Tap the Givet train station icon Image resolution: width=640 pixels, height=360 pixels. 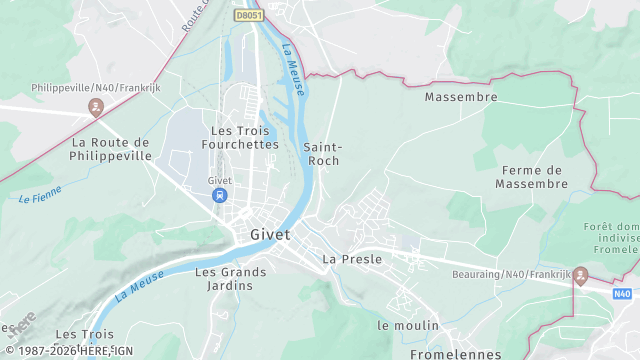(x=218, y=196)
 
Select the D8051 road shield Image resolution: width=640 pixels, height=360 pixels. (x=248, y=15)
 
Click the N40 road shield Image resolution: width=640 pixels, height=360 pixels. (x=622, y=294)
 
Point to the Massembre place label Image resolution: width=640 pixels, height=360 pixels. (x=461, y=98)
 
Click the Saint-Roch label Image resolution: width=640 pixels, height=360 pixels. (x=321, y=153)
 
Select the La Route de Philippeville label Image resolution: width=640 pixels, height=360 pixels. (x=111, y=149)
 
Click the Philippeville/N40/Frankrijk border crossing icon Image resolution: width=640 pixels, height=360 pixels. (x=95, y=106)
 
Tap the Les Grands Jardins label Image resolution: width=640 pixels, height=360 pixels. (x=230, y=278)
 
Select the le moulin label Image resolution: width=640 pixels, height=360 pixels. (x=408, y=326)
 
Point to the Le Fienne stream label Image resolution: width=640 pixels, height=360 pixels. (x=40, y=194)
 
